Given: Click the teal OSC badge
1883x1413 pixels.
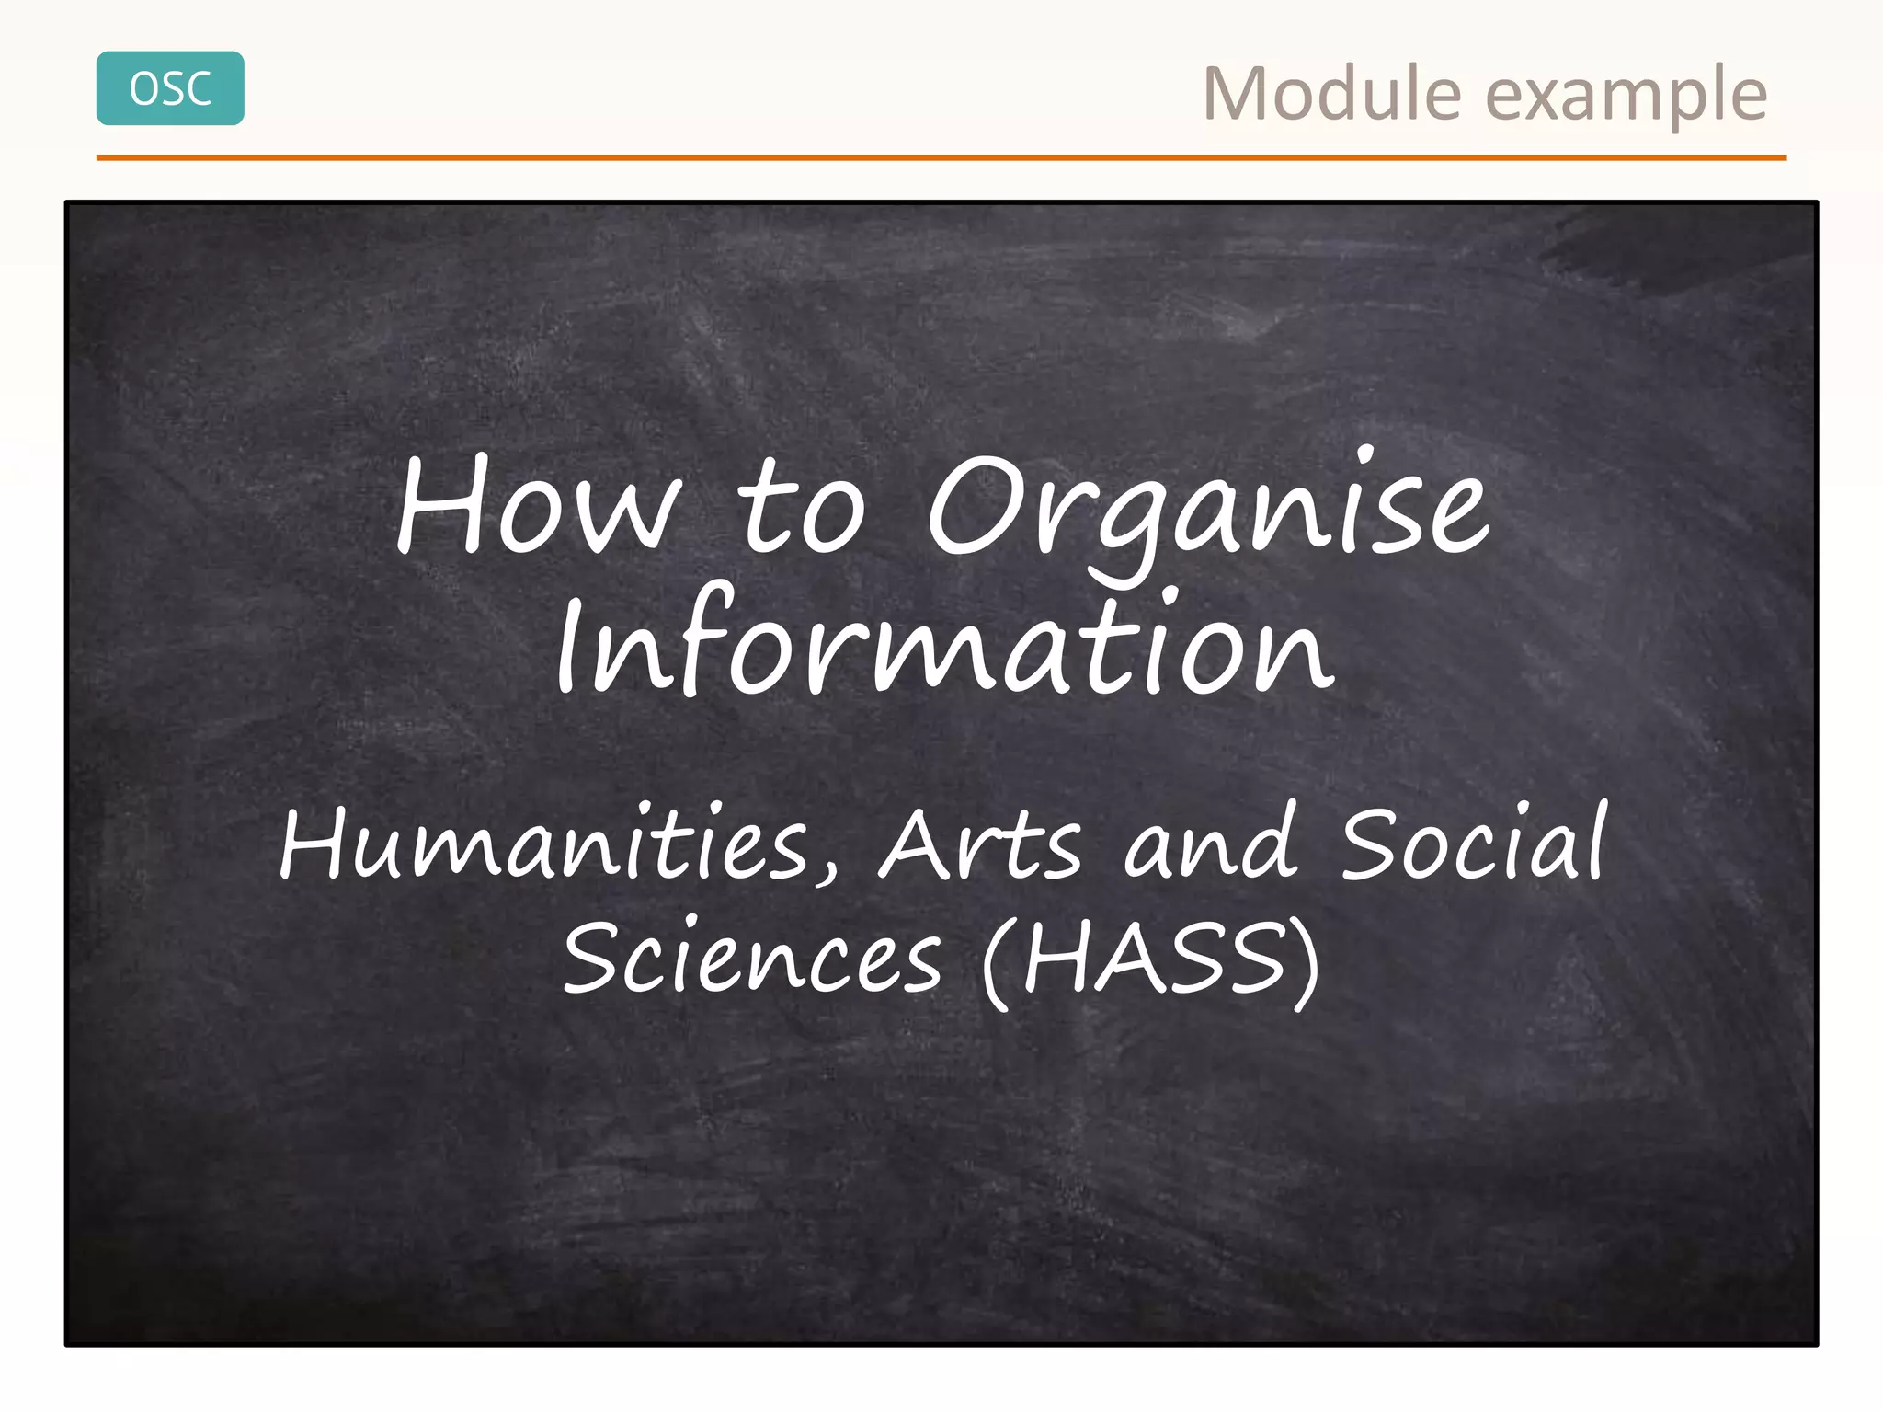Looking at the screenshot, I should point(170,88).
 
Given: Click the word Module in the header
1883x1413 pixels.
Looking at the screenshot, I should point(1331,94).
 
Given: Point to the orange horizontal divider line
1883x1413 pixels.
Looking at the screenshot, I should point(941,158).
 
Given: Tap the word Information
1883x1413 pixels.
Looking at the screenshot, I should point(943,644).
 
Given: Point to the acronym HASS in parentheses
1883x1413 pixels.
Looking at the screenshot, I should point(1153,959).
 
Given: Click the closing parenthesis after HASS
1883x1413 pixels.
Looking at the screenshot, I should point(1306,961).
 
